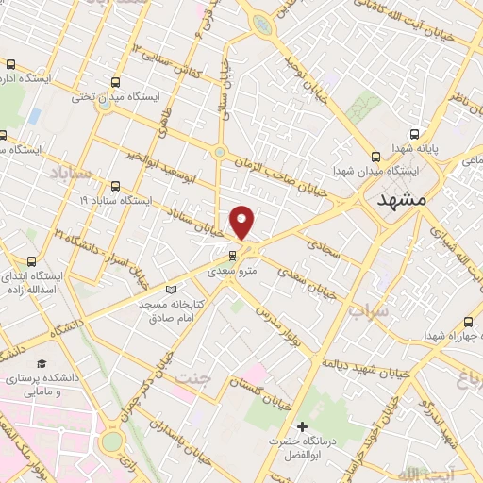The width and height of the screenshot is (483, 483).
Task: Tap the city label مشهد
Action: [x=402, y=201]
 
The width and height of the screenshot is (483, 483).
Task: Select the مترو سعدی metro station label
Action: [x=231, y=270]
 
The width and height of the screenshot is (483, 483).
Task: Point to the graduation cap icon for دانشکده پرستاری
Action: [x=42, y=363]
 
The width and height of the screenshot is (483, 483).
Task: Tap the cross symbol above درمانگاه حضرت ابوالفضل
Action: [x=301, y=427]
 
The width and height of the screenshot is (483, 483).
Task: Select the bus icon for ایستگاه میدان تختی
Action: [x=116, y=82]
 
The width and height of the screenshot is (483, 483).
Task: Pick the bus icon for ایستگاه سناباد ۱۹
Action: [x=115, y=186]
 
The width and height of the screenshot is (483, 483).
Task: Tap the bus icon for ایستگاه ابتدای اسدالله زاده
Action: [x=31, y=261]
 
